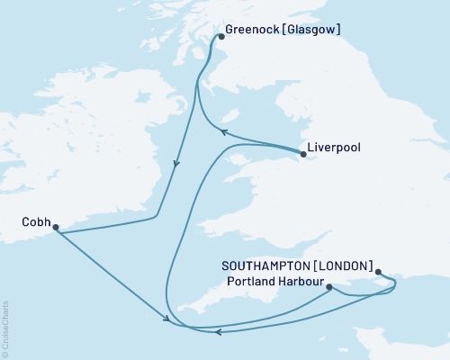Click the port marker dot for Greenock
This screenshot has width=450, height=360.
point(220,38)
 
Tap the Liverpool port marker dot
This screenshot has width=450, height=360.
point(303,154)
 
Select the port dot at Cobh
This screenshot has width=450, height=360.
point(56,228)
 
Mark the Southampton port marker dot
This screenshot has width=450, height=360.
point(378,271)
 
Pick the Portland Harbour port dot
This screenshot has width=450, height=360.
point(329,288)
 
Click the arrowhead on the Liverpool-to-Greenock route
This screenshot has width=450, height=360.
point(226,131)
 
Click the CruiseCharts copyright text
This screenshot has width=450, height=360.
point(5,328)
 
